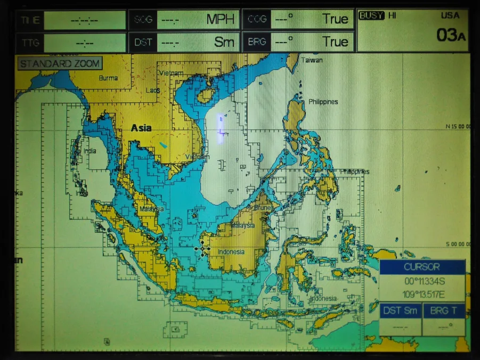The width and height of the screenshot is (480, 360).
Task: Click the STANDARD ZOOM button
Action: [x=60, y=64]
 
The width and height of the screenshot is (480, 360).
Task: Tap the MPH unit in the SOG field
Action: [x=221, y=20]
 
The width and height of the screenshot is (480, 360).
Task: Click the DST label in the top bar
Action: [x=143, y=42]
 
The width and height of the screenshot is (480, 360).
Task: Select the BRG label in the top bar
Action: [x=257, y=42]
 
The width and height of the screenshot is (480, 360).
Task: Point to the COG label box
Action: [x=257, y=20]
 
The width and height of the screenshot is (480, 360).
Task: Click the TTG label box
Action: [x=29, y=43]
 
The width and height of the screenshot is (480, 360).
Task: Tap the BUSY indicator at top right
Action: [x=371, y=15]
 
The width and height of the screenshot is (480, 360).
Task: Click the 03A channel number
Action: [x=450, y=35]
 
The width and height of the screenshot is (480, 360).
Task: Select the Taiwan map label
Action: [x=312, y=60]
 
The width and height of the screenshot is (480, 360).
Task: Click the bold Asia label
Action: [x=141, y=128]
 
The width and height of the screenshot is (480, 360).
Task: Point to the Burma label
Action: [x=108, y=78]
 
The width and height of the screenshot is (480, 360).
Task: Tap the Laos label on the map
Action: [x=153, y=91]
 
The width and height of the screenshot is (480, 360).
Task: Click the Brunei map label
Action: [x=263, y=208]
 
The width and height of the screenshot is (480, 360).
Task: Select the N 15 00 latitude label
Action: [x=458, y=126]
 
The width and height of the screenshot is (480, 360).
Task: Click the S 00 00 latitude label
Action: [x=458, y=244]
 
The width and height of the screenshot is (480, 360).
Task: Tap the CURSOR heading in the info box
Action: [x=422, y=267]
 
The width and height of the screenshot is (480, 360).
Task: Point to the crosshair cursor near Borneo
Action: [x=202, y=249]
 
